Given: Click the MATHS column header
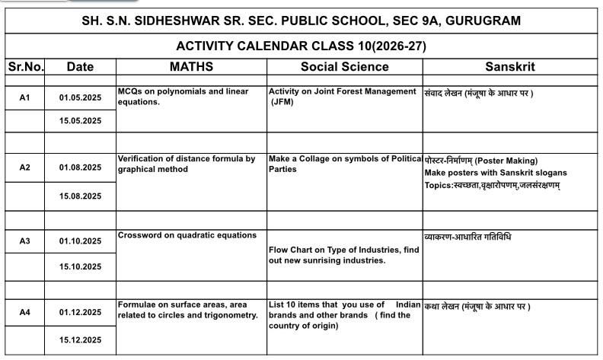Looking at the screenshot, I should pos(191,67).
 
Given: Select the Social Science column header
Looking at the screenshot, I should pos(344,67).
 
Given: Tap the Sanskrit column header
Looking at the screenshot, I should pos(509,67).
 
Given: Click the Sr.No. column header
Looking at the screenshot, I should pos(24,67).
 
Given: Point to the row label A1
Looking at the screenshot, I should pos(24,97).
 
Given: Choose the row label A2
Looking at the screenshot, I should pos(24,167).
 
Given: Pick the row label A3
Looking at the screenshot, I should pos(24,241).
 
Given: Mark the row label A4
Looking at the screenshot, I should pos(24,311).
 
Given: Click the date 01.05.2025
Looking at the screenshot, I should pos(80,97).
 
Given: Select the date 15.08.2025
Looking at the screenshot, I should pos(80,196).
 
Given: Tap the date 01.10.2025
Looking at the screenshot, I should pos(80,241).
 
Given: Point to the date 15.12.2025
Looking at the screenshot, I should pos(80,339).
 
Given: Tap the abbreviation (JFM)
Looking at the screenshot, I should pos(282,102).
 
